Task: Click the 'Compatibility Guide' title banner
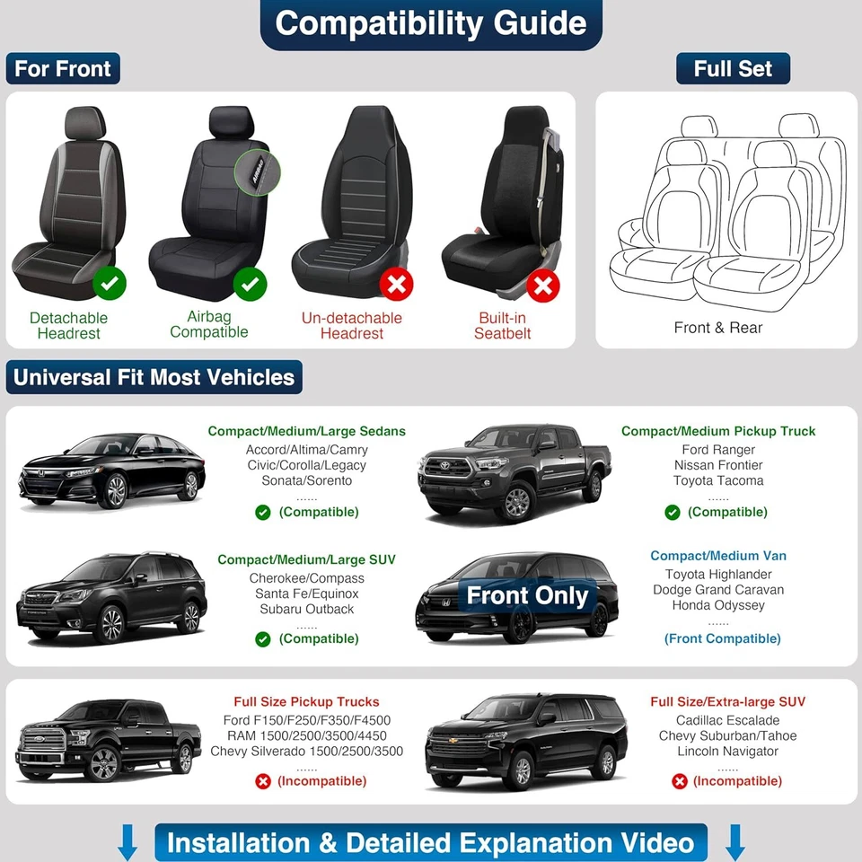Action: (431, 24)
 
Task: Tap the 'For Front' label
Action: (63, 69)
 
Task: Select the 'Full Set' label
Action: (733, 69)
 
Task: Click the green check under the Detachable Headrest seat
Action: (110, 285)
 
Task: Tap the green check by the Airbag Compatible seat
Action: (250, 285)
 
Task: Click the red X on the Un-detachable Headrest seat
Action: (396, 286)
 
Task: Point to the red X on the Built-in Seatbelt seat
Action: (542, 286)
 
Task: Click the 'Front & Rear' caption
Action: (717, 328)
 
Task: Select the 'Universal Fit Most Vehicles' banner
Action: (154, 377)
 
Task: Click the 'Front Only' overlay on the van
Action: (527, 595)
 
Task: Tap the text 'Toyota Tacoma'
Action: (718, 480)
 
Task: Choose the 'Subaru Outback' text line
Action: (306, 609)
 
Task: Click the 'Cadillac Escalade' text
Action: (727, 720)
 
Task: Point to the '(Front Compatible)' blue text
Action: (722, 638)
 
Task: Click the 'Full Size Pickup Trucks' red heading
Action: (306, 701)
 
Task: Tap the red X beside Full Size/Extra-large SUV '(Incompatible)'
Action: (679, 781)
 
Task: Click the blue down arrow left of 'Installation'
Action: (128, 843)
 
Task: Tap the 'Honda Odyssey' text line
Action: (718, 605)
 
